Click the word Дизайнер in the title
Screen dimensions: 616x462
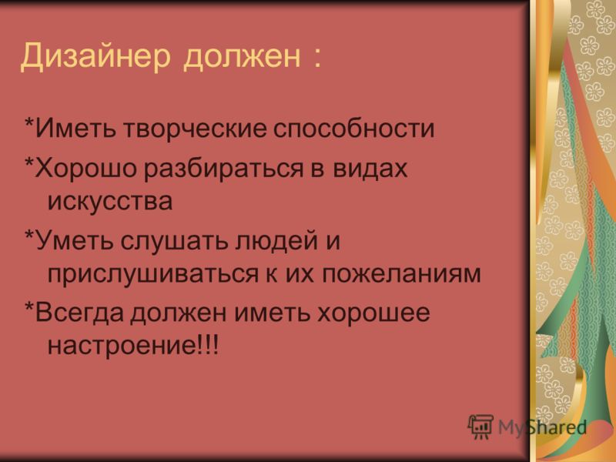[x=95, y=55]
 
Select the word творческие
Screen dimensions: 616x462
[x=195, y=128]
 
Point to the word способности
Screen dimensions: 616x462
[x=354, y=128]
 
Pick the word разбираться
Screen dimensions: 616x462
[x=223, y=169]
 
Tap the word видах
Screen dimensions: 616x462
[x=370, y=169]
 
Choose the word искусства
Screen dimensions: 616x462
[x=110, y=202]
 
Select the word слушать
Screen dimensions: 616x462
[x=174, y=241]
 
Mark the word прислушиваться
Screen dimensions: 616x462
[x=152, y=273]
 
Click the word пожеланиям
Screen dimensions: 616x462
[x=401, y=273]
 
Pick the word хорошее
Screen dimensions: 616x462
[x=373, y=313]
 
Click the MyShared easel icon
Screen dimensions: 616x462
[x=480, y=427]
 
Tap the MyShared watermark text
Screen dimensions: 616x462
[x=543, y=427]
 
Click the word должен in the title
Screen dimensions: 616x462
[x=242, y=57]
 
